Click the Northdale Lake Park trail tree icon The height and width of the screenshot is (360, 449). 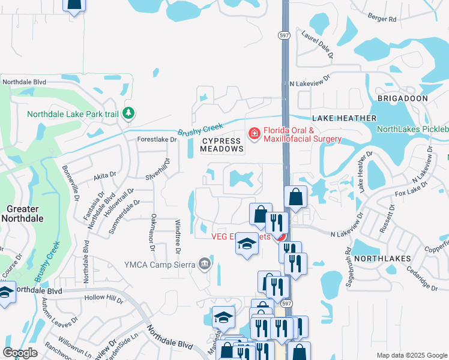[128, 113]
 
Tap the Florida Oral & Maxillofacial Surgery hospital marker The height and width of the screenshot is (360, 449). [254, 133]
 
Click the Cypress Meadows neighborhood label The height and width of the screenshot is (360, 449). [222, 144]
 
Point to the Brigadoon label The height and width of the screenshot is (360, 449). [402, 98]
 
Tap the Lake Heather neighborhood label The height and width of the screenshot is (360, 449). [344, 118]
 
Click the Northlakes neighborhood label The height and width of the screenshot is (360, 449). [382, 258]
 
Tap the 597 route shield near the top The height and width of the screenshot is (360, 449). [285, 35]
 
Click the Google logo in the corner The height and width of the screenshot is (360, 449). [20, 353]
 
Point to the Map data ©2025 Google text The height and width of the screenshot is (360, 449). [411, 355]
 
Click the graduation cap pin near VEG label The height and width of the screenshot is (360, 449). [246, 244]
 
